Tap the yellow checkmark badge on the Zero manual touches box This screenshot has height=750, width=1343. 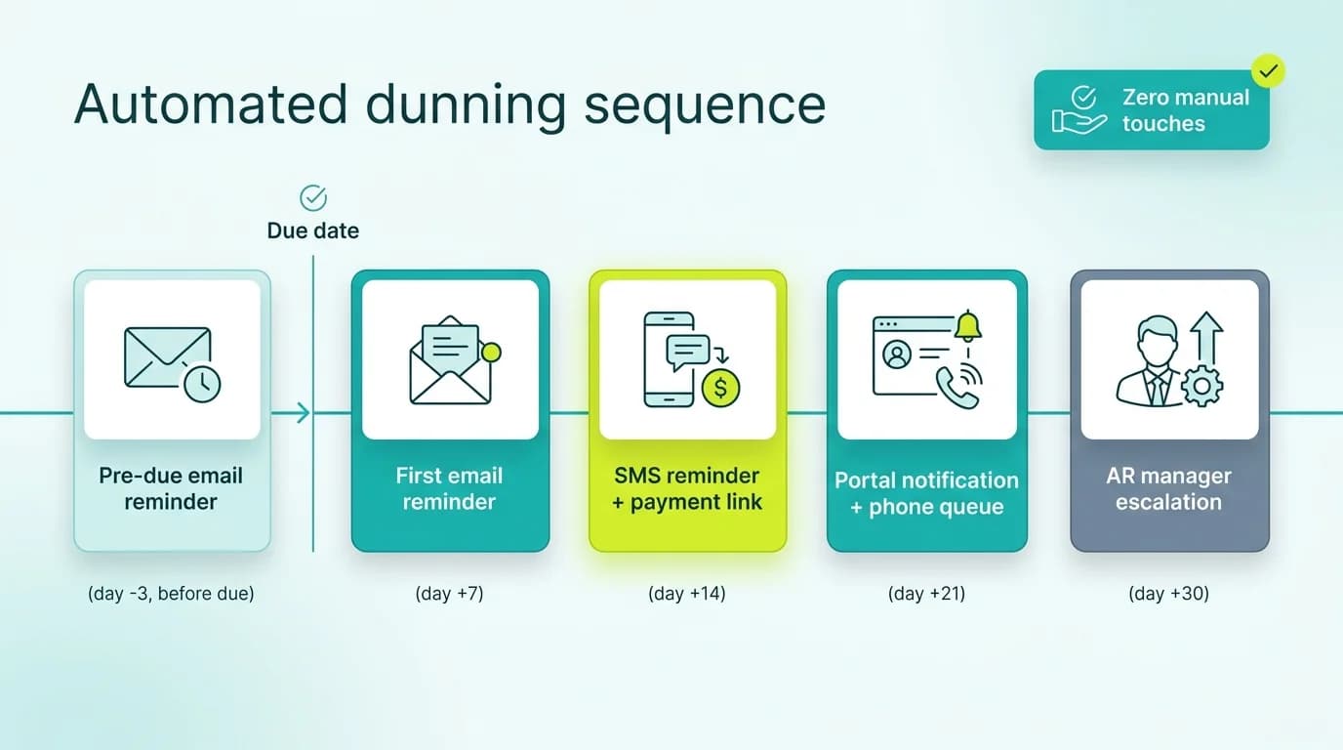[1268, 70]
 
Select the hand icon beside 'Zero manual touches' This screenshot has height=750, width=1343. [1078, 121]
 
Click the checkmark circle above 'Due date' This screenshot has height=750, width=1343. [313, 197]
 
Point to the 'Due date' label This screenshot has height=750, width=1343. [313, 231]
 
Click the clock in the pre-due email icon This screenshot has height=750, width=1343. [202, 384]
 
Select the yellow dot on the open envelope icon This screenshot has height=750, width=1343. [491, 353]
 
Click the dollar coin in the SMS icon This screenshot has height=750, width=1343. [720, 388]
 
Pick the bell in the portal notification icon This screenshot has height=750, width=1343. [967, 327]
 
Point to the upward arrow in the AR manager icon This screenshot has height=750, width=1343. [1206, 338]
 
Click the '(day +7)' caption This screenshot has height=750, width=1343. [449, 593]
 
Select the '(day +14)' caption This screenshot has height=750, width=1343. [687, 593]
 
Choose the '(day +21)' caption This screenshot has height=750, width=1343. [926, 593]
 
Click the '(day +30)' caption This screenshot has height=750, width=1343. [1169, 593]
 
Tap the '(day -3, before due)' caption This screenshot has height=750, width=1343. [171, 593]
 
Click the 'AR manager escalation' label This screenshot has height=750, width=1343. [1169, 489]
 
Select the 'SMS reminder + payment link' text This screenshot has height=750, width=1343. [687, 489]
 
